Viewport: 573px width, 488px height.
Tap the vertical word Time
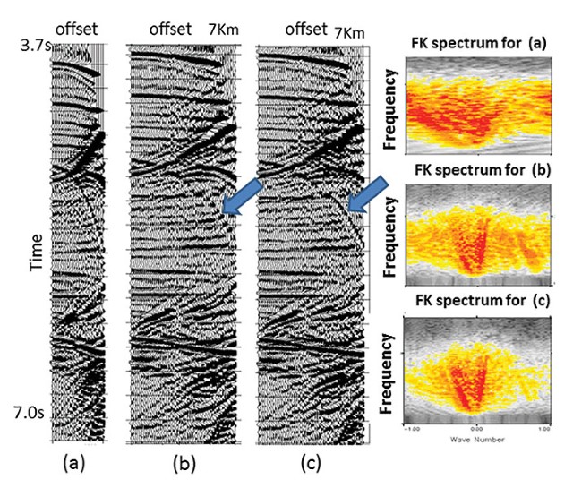[33, 228]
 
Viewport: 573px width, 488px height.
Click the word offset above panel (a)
[76, 30]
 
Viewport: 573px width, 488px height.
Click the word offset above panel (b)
[170, 30]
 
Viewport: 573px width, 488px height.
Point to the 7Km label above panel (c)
[351, 32]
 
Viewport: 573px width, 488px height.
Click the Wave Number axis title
[476, 439]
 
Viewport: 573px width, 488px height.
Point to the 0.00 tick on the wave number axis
[476, 430]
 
